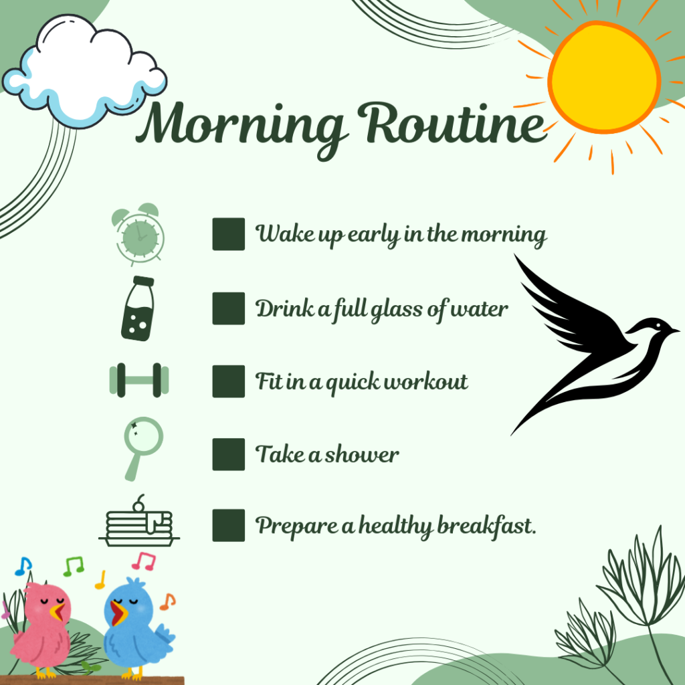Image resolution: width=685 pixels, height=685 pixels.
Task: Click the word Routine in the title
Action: tap(452, 123)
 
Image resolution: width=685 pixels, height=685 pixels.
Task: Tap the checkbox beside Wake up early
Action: tap(229, 234)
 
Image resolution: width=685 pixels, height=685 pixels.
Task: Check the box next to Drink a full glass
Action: tap(229, 308)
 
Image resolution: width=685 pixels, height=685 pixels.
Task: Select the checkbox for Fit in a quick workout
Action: tap(229, 381)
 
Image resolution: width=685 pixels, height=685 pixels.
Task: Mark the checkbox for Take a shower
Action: tap(229, 454)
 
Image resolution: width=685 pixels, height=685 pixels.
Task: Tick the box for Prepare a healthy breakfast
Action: tap(229, 525)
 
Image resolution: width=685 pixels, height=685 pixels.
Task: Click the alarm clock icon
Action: tap(138, 235)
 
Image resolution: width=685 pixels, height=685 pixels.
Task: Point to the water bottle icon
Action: tap(138, 308)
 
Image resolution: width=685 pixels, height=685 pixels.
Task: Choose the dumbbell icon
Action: tap(139, 380)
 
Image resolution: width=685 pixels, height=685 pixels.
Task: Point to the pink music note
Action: tap(144, 561)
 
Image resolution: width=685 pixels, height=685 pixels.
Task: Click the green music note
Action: tap(74, 566)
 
